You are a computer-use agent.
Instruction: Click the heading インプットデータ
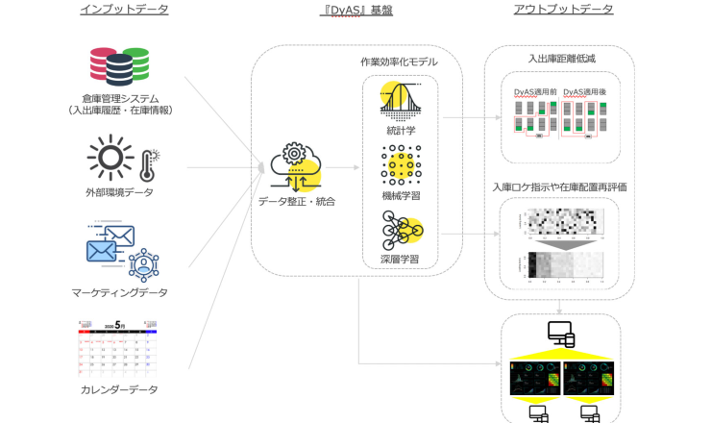(124, 10)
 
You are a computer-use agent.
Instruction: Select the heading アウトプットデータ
(564, 10)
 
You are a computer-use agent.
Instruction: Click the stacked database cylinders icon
(119, 65)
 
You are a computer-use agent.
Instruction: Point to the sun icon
(110, 157)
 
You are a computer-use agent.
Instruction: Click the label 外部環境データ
(119, 192)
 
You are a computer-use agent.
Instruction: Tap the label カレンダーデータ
(119, 389)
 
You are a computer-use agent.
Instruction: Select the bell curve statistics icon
(400, 100)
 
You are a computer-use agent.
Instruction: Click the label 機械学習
(400, 195)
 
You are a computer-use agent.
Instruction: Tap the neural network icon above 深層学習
(400, 232)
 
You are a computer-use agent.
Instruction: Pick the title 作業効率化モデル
(399, 62)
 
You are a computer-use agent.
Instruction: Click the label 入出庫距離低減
(561, 59)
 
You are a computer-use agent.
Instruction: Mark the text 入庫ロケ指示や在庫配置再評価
(559, 187)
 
